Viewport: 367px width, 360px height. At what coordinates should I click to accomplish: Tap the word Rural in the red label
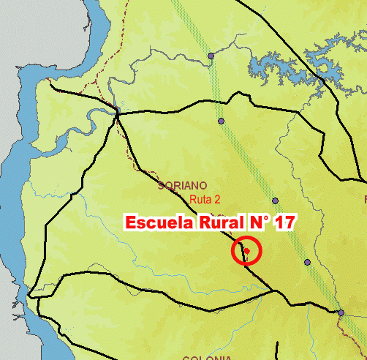[216, 223]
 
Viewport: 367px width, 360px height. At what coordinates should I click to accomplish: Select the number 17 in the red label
[284, 223]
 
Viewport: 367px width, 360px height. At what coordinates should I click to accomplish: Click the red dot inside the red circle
[247, 251]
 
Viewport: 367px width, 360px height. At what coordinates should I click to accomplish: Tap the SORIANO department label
[183, 186]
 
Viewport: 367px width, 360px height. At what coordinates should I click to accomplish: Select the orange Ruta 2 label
[205, 199]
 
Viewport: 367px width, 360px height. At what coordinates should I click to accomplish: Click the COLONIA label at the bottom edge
[202, 357]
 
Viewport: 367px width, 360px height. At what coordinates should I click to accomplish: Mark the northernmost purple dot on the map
[211, 56]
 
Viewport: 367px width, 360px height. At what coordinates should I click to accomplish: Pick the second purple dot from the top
[220, 121]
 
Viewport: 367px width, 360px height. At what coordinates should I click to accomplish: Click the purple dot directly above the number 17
[275, 200]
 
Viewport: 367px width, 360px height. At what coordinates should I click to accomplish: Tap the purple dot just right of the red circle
[308, 262]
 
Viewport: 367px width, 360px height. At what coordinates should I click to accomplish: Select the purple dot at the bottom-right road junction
[341, 313]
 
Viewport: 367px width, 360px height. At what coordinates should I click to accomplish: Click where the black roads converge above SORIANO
[117, 112]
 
